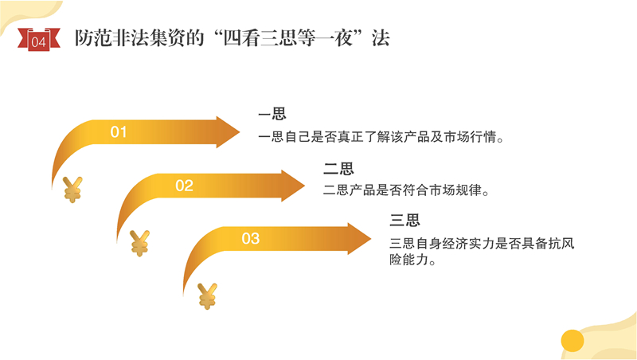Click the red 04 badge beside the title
[x=38, y=40]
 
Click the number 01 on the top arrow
[x=118, y=132]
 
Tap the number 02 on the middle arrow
[x=184, y=186]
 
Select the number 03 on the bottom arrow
[x=250, y=238]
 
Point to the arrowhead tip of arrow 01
[x=240, y=132]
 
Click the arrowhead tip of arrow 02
[x=305, y=186]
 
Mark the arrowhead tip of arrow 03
[x=371, y=238]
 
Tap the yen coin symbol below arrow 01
[x=72, y=190]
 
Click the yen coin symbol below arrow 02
[x=139, y=243]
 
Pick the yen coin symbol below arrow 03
[x=207, y=296]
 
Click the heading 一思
[x=272, y=114]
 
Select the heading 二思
[x=338, y=168]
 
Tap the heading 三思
[x=404, y=220]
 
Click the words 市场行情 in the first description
[x=470, y=137]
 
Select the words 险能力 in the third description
[x=409, y=260]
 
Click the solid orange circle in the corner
[x=573, y=341]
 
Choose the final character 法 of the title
[x=381, y=38]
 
